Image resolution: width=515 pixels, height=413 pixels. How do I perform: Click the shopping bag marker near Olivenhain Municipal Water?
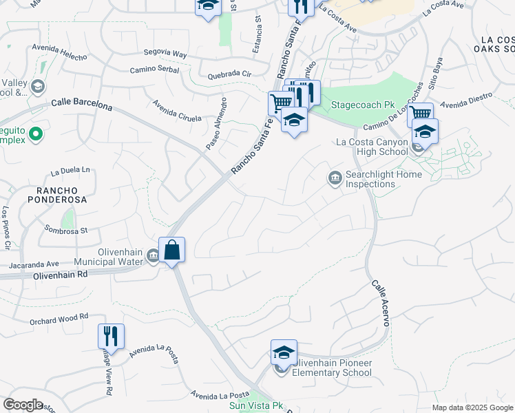(x=171, y=250)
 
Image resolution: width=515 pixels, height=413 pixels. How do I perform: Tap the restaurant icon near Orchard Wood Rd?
(x=110, y=336)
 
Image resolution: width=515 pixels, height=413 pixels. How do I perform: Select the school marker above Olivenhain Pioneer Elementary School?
(x=283, y=352)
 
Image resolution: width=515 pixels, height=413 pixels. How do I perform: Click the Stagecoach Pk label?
(x=362, y=105)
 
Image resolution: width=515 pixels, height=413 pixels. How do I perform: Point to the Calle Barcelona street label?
(x=81, y=105)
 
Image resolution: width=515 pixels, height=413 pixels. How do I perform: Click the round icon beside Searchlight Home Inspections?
(x=335, y=179)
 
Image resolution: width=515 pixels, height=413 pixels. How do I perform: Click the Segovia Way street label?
(x=165, y=53)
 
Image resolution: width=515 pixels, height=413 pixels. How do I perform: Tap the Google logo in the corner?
(x=23, y=405)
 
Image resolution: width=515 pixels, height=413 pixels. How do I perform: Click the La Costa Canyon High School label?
(x=372, y=147)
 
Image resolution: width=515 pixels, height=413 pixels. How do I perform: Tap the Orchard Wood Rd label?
(x=59, y=318)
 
